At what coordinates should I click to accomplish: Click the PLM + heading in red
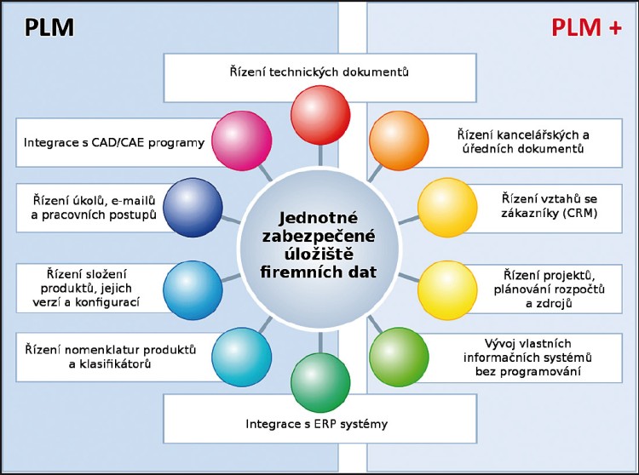(585, 27)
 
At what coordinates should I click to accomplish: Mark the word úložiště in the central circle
(319, 257)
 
